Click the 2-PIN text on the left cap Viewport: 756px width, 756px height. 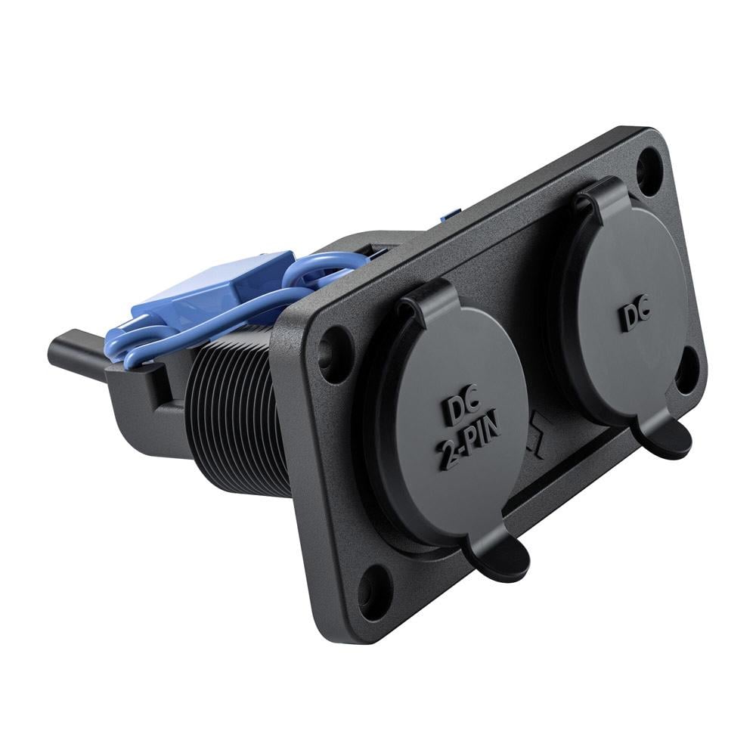point(469,443)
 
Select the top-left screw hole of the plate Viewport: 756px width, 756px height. point(332,345)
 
